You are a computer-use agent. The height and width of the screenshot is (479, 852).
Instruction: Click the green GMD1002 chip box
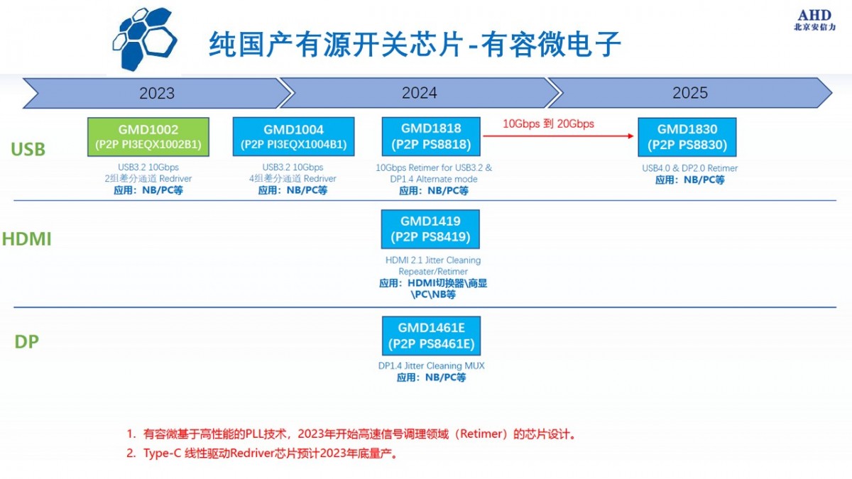[148, 137]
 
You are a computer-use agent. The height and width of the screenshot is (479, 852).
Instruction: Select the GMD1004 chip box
[293, 137]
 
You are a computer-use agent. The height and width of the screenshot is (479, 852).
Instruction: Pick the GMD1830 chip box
[687, 137]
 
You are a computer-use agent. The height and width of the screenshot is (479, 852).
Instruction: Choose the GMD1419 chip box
[430, 229]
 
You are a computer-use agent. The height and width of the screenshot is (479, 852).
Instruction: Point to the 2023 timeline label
[156, 94]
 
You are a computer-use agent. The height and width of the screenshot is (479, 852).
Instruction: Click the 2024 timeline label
[419, 94]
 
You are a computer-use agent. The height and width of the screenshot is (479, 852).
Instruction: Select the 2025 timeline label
[689, 94]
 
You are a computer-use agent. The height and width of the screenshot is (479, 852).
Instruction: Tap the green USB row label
[28, 150]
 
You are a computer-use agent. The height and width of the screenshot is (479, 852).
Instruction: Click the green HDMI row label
[26, 239]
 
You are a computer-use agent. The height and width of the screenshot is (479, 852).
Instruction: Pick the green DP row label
[26, 342]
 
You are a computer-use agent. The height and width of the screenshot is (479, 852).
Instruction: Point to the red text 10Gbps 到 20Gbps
[548, 123]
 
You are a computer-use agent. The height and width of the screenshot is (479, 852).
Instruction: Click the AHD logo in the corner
[814, 20]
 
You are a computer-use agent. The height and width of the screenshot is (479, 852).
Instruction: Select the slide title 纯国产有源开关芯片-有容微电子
[415, 45]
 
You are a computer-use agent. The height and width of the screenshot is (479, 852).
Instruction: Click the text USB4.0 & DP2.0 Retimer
[689, 168]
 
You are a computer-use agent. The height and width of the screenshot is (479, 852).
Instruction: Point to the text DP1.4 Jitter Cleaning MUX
[431, 365]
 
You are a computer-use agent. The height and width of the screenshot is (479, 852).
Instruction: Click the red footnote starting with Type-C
[263, 453]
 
